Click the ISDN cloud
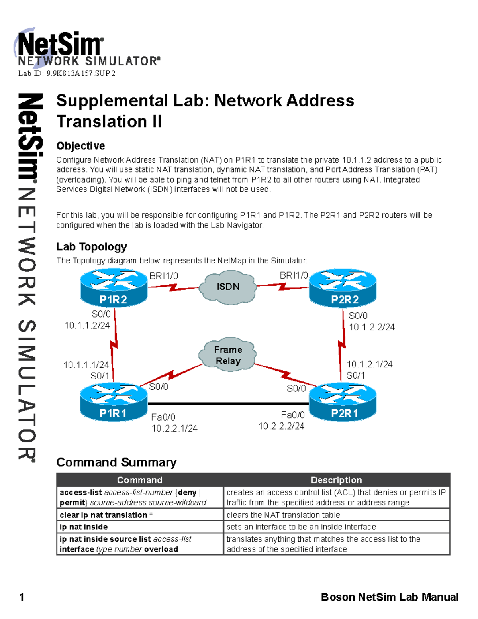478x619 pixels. [228, 287]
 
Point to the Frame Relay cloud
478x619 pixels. [228, 355]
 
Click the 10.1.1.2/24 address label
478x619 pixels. [87, 326]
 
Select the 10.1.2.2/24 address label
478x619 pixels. [372, 327]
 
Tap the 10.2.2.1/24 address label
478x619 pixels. [174, 428]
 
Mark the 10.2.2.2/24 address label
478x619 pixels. [281, 426]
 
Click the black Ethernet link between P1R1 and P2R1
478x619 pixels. [228, 404]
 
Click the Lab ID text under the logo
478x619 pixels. [67, 73]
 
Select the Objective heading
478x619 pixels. [80, 146]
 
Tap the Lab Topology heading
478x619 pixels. [92, 247]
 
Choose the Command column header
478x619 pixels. [139, 480]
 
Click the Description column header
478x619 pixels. [336, 480]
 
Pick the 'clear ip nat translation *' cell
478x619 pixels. [106, 515]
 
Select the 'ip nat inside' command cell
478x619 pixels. [84, 527]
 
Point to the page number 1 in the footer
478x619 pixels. [22, 597]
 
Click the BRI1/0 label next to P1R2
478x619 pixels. [164, 276]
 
